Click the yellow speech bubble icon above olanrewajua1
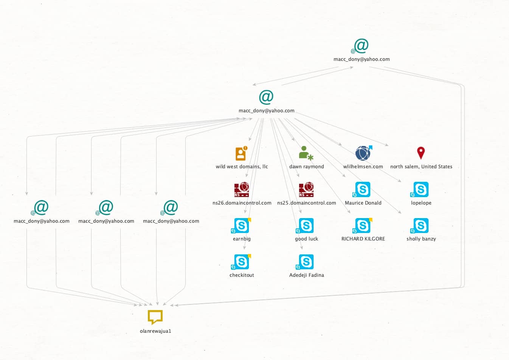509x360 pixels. [155, 317]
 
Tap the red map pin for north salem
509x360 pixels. [421, 153]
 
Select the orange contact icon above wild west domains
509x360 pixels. [241, 154]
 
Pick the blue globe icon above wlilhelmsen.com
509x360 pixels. [363, 153]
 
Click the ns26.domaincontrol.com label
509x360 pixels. [242, 203]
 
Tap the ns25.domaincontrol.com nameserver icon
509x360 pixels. [306, 189]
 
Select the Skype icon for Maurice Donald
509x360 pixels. [363, 189]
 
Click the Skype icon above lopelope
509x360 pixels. [421, 189]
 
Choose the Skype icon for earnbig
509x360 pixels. [241, 226]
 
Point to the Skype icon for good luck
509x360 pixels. [306, 226]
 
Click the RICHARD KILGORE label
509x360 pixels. [363, 239]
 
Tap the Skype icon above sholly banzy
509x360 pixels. [421, 226]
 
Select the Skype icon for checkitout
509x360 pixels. [241, 262]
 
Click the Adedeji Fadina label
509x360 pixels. [307, 275]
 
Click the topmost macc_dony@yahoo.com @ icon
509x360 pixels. [361, 46]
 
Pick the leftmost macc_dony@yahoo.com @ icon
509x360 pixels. [41, 207]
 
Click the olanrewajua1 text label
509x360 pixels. [155, 331]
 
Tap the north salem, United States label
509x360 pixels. [421, 167]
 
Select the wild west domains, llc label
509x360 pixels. [242, 167]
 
